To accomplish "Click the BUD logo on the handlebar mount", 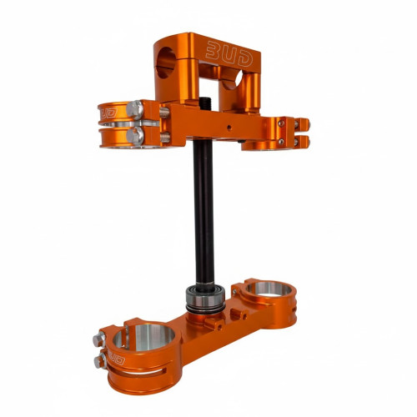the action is [229, 54].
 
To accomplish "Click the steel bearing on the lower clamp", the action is [205, 299].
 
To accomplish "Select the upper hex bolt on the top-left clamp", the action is [135, 109].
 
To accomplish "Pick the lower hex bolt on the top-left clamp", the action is [135, 135].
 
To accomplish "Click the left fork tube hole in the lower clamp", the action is [143, 337].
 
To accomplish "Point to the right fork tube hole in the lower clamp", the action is [269, 289].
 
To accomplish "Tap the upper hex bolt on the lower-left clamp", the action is [99, 339].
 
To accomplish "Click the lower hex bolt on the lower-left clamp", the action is [100, 360].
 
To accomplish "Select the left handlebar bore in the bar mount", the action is [165, 63].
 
